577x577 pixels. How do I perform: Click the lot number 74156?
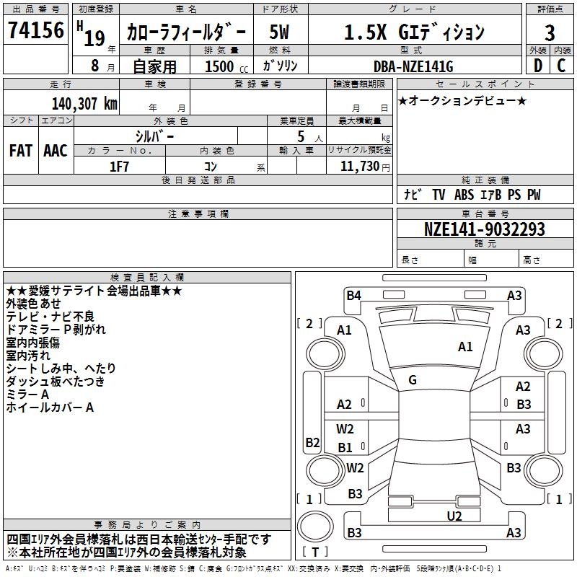coord(35,31)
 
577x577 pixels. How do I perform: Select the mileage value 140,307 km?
coord(84,104)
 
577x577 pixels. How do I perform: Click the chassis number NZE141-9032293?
coord(484,230)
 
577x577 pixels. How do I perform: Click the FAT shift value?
coord(21,151)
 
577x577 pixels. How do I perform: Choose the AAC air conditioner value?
coord(55,151)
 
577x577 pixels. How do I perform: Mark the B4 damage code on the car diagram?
coord(353,295)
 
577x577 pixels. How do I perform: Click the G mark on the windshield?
coord(413,379)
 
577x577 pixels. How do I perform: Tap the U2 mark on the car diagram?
coord(454,515)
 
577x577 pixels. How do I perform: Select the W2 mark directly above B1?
coord(345,429)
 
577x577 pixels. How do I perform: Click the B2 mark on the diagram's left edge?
coord(312,442)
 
